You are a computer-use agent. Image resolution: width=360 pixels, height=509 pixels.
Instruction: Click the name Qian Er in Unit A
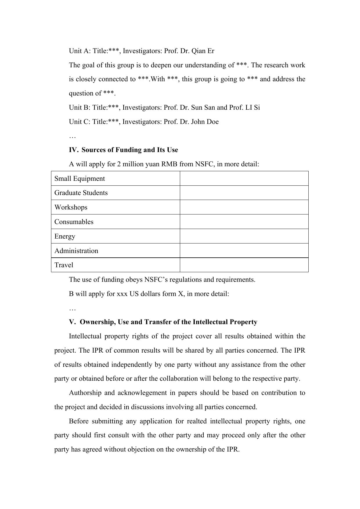203,51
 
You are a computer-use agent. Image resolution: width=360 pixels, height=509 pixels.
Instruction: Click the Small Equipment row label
79,178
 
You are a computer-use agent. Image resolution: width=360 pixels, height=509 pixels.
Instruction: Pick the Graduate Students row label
81,193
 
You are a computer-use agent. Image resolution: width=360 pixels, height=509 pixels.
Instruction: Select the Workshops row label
71,207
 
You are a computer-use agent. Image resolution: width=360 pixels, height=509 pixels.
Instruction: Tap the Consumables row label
74,222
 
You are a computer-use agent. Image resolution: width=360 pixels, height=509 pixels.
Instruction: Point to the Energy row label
65,237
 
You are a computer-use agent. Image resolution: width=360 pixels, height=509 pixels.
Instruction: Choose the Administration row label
76,251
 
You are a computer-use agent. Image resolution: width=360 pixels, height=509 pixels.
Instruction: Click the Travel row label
64,265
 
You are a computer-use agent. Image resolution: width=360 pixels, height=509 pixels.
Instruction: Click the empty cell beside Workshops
244,207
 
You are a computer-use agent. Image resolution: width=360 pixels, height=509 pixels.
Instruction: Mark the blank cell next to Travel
244,265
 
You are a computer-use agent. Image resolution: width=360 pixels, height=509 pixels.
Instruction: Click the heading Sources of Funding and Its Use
130,150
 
